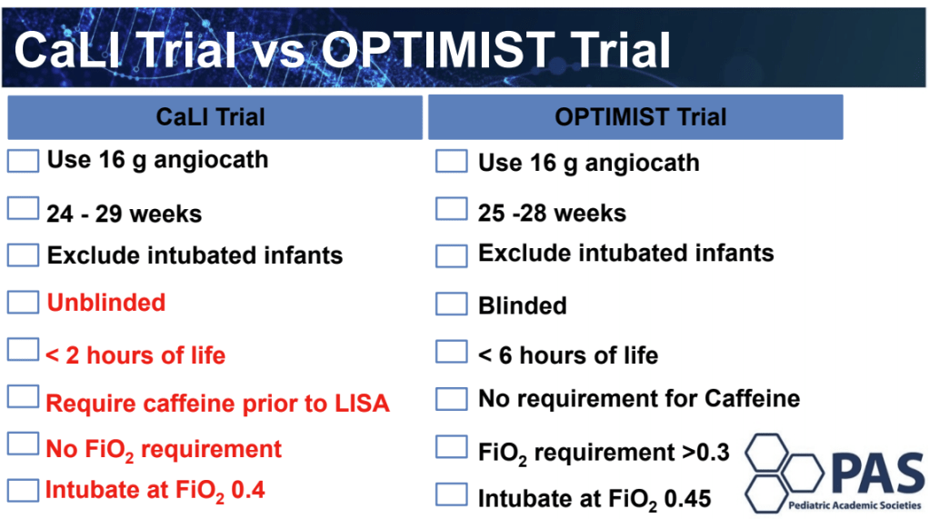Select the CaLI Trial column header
(215, 117)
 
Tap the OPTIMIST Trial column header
(635, 117)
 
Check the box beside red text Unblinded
(23, 302)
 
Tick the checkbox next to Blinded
(451, 304)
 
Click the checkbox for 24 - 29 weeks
(23, 209)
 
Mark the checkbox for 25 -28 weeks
(451, 209)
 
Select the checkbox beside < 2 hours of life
(23, 350)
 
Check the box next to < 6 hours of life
(451, 352)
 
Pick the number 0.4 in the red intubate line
(248, 490)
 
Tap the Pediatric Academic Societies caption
(855, 505)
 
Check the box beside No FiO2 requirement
(23, 444)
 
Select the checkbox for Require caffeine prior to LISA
(23, 397)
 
